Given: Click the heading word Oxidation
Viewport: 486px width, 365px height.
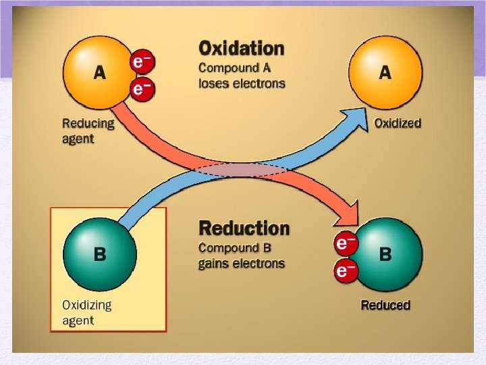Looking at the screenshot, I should click(241, 49).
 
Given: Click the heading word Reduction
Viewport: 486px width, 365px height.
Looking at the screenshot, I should click(244, 228).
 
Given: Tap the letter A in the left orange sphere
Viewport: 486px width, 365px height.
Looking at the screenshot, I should click(99, 73).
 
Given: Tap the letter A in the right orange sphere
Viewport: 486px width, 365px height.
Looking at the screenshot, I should click(385, 73).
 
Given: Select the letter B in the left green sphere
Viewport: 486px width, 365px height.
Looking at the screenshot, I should click(99, 255).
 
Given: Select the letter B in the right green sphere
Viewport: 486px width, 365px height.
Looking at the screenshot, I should click(385, 255).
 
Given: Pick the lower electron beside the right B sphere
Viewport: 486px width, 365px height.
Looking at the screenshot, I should click(346, 270).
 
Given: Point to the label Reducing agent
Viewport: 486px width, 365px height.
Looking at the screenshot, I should click(88, 130).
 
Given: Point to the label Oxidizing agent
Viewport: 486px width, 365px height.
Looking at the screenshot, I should click(87, 312).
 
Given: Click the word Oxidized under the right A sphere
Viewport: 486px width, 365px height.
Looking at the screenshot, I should click(398, 123).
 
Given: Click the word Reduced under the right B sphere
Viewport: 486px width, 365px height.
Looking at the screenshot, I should click(385, 304).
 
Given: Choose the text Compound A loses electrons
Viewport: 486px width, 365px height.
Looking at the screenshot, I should click(241, 76).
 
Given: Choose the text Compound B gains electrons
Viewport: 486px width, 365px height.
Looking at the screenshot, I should click(241, 255).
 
